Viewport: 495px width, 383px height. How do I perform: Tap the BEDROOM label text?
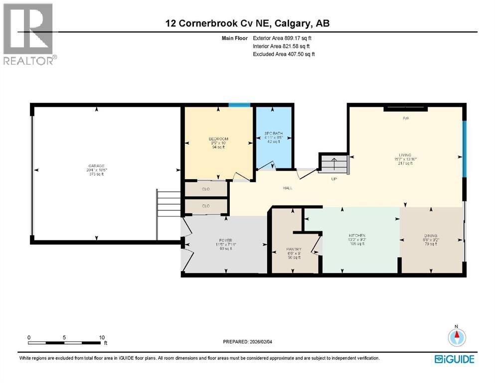click(218, 139)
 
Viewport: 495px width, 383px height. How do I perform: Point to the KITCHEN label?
click(357, 235)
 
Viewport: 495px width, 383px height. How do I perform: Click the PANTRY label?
click(294, 249)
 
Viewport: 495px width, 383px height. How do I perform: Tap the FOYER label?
click(225, 240)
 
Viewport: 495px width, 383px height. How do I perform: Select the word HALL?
click(288, 188)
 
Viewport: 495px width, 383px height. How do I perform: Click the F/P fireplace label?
click(406, 119)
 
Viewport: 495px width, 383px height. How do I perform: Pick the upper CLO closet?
click(206, 189)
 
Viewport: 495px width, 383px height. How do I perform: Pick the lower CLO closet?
click(206, 206)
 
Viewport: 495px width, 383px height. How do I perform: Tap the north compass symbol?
click(456, 338)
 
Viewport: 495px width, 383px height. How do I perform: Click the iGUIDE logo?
click(454, 359)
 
